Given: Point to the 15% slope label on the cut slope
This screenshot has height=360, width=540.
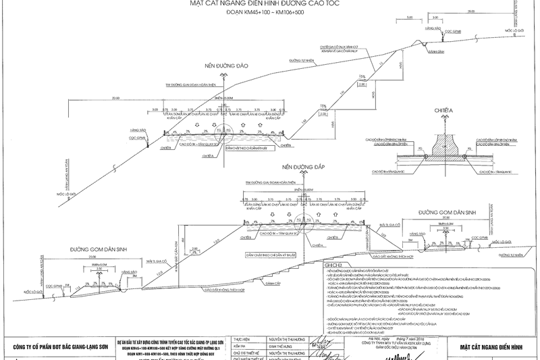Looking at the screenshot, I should tap(362, 76).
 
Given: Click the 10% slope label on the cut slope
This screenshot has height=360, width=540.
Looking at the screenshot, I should tap(323, 105).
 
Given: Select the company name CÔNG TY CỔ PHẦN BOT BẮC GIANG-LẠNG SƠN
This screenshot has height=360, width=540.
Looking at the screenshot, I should tap(57, 348).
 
